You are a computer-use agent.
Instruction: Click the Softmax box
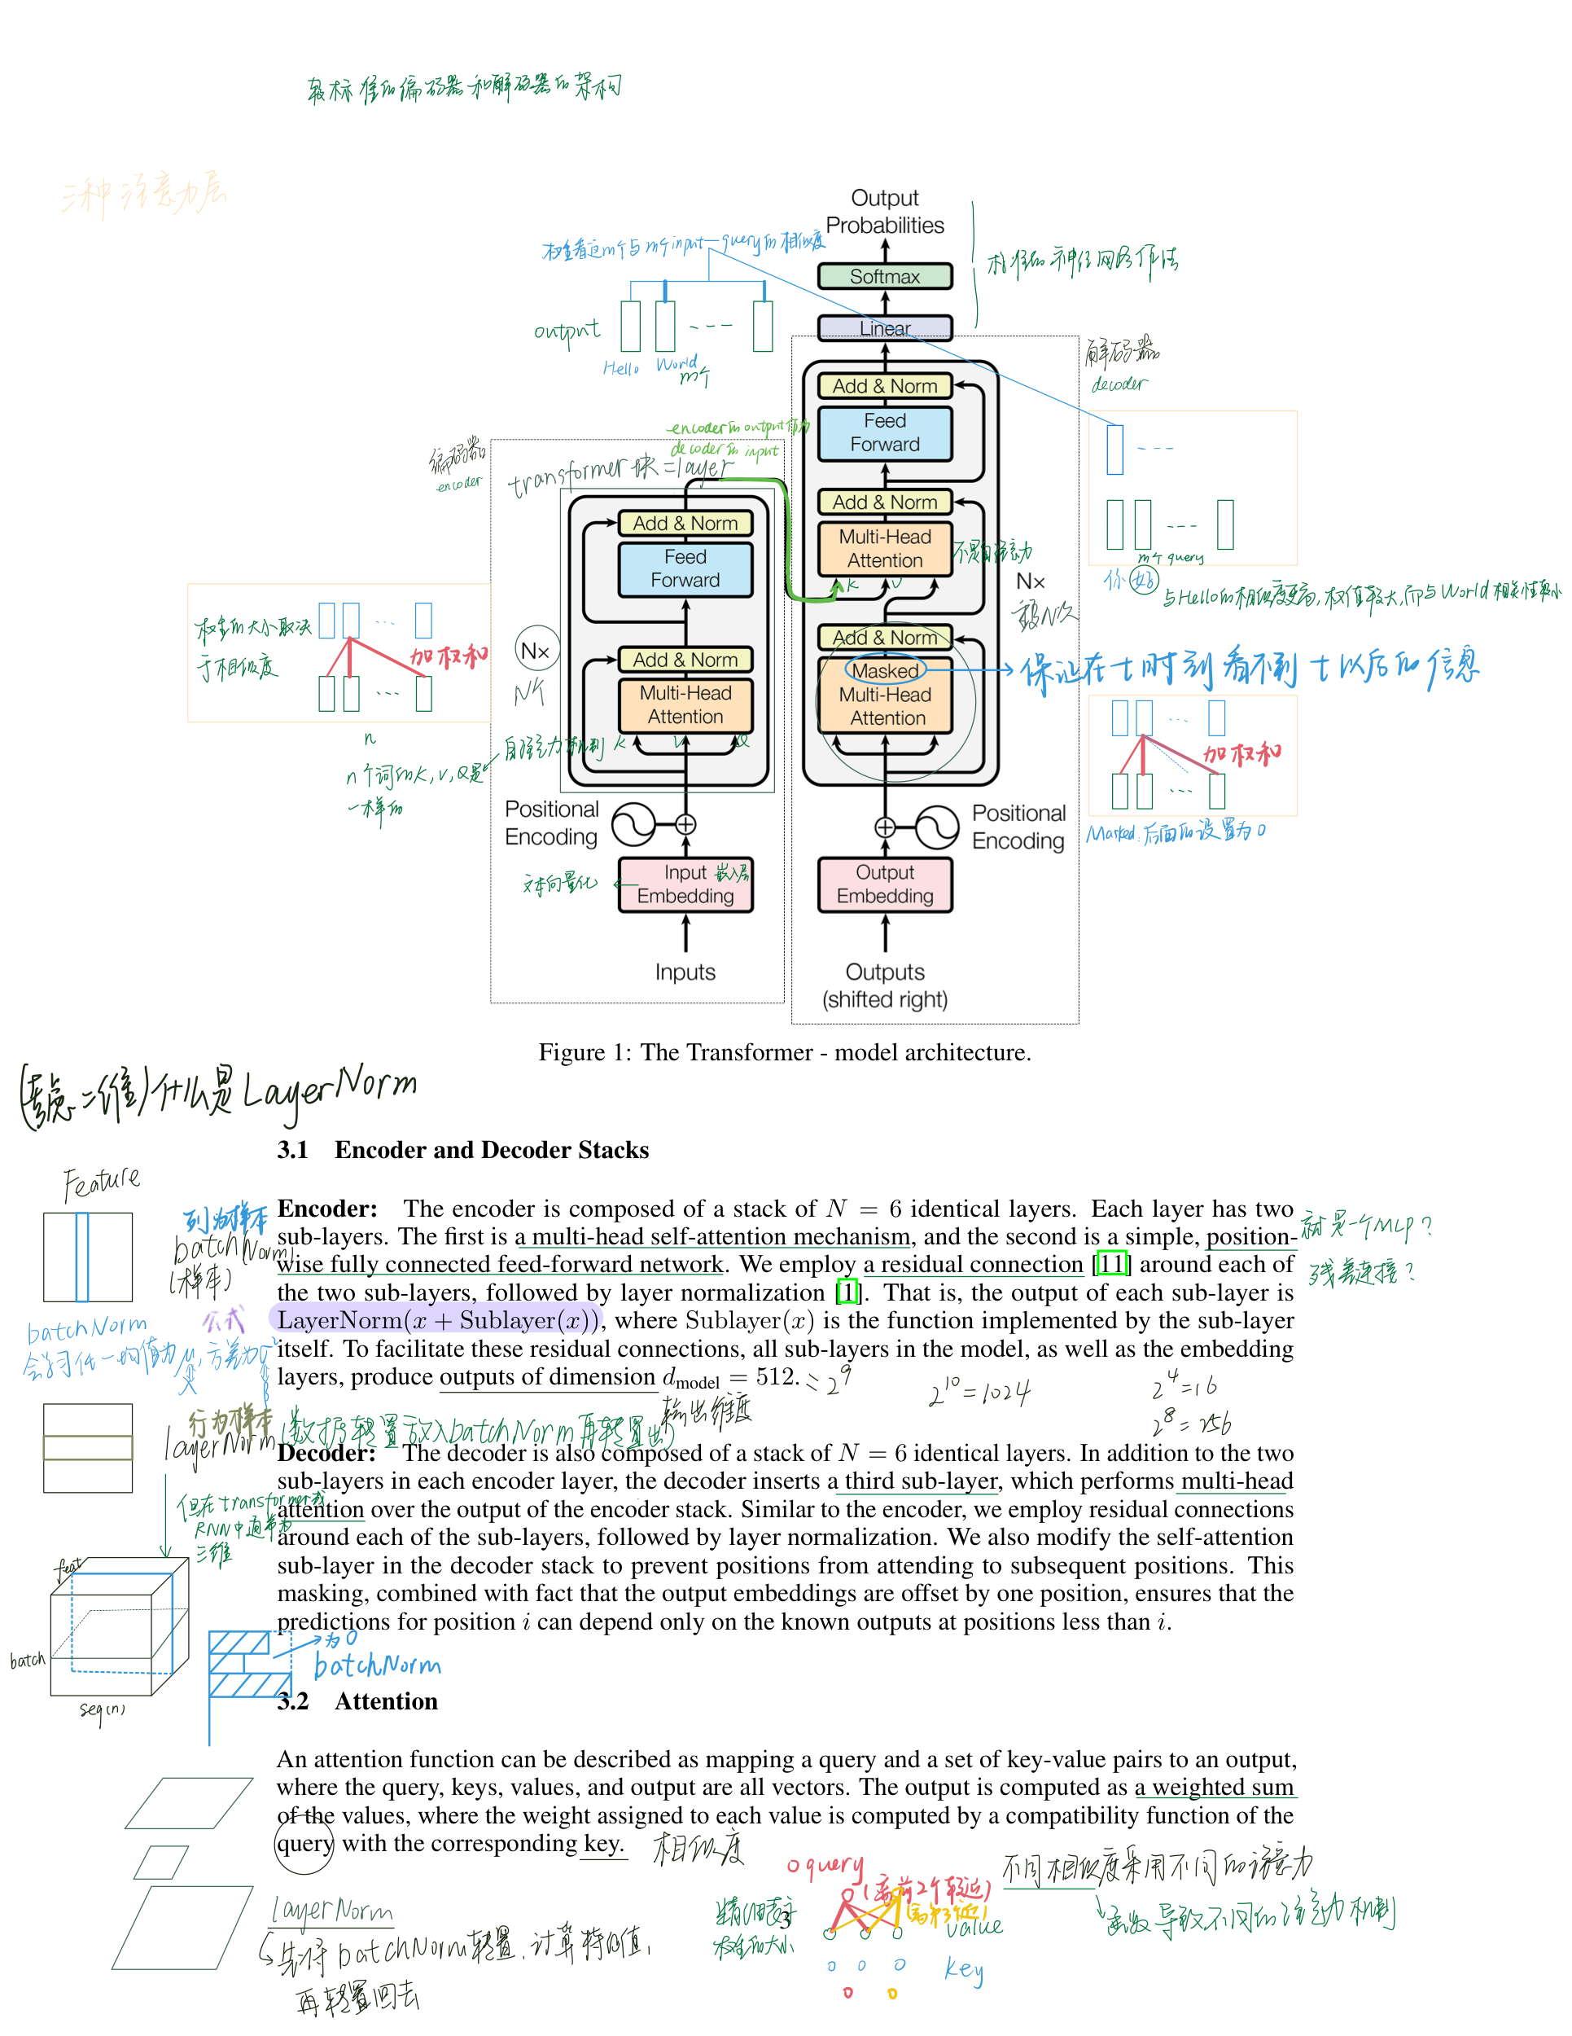coord(884,276)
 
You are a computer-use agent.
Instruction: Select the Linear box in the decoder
coord(884,328)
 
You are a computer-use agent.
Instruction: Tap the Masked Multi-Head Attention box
coord(885,695)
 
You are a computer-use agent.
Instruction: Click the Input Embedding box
coord(685,884)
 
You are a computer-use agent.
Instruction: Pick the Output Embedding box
coord(884,884)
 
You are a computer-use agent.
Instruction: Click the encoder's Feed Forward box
coord(685,568)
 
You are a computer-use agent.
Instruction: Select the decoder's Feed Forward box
coord(884,432)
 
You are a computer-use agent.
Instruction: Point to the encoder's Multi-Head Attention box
coord(685,704)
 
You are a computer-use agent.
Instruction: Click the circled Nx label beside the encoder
coord(536,651)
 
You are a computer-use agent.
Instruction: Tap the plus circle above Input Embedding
coord(685,824)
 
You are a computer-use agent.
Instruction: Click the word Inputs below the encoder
coord(685,972)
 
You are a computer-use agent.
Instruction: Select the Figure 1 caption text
coord(785,1052)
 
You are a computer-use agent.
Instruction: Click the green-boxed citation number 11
coord(1112,1264)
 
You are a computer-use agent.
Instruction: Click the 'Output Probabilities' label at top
coord(884,212)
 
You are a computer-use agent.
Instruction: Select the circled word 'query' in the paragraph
coord(304,1843)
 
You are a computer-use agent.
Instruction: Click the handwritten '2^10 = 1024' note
coord(979,1393)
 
